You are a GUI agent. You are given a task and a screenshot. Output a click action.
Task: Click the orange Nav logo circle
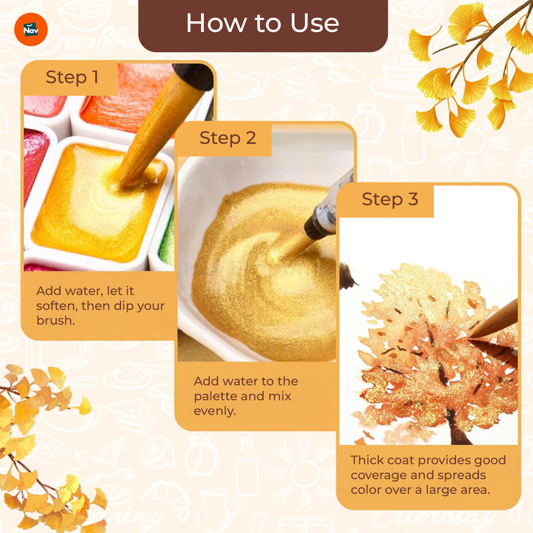pyautogui.click(x=31, y=29)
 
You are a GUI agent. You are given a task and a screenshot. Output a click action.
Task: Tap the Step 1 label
pyautogui.click(x=72, y=77)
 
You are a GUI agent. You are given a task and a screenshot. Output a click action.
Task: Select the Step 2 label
pyautogui.click(x=228, y=139)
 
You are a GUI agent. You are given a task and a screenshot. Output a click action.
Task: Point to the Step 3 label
pyautogui.click(x=390, y=199)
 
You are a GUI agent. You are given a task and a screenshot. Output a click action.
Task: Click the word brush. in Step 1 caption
pyautogui.click(x=55, y=320)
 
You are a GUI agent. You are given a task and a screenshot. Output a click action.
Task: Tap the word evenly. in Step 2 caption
pyautogui.click(x=215, y=411)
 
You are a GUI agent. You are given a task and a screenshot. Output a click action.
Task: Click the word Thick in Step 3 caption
pyautogui.click(x=367, y=460)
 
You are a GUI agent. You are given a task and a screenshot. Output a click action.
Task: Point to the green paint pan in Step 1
pyautogui.click(x=167, y=238)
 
